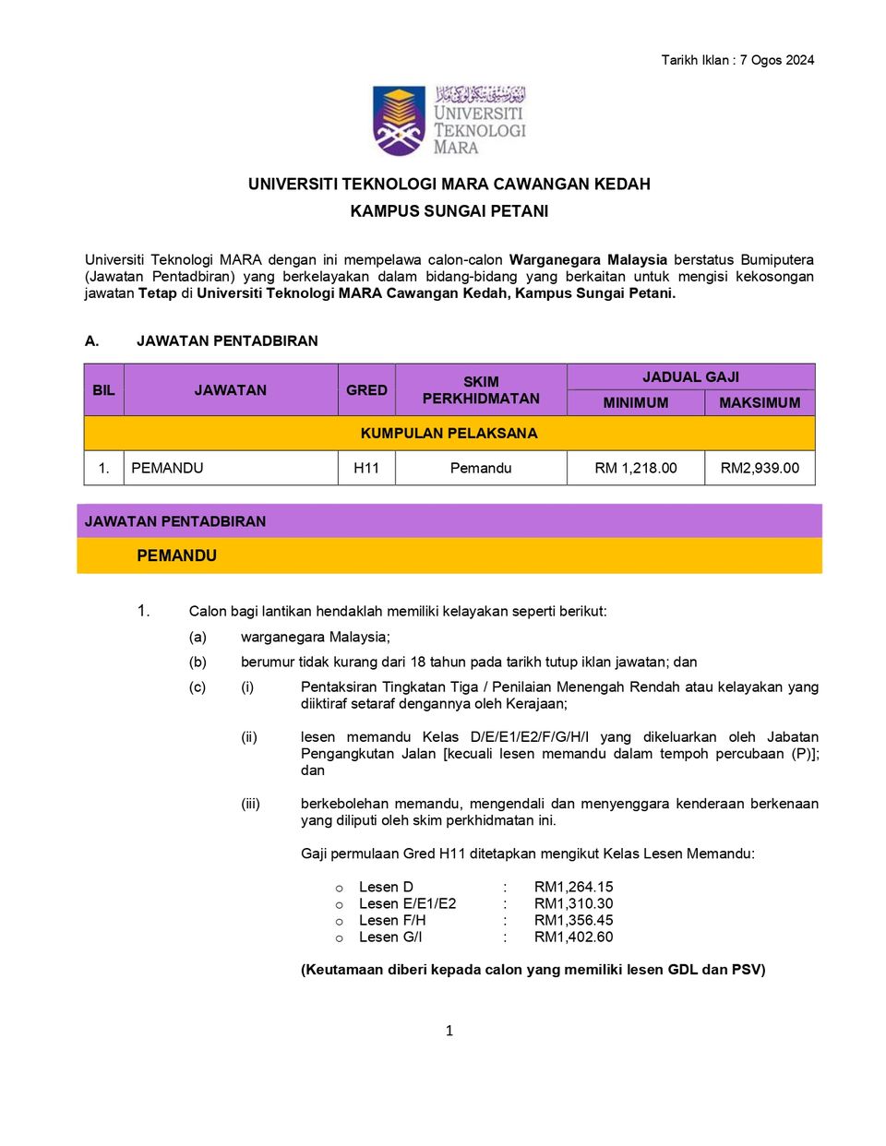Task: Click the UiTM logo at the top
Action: [x=449, y=121]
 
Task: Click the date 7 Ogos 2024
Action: [x=776, y=60]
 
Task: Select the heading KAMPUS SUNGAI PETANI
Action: [x=449, y=211]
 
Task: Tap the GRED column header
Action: [x=366, y=390]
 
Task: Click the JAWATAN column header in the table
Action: [x=231, y=390]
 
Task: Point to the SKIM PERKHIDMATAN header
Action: [x=481, y=390]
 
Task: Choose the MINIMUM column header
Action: [x=636, y=403]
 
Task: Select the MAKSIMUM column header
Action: [x=760, y=403]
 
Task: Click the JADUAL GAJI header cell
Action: [x=690, y=377]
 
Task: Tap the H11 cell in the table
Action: [x=366, y=468]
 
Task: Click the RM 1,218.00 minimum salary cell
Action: [x=636, y=468]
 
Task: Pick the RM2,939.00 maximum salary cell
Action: [x=760, y=468]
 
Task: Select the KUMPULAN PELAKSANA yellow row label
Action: [x=449, y=434]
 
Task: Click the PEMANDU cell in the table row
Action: [x=167, y=468]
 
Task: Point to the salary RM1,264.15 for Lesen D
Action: [x=573, y=887]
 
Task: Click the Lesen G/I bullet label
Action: [x=390, y=937]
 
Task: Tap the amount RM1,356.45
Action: [x=573, y=920]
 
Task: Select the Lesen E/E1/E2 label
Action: [x=407, y=903]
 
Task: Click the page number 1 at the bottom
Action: [x=449, y=1031]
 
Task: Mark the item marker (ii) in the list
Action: [x=249, y=737]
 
